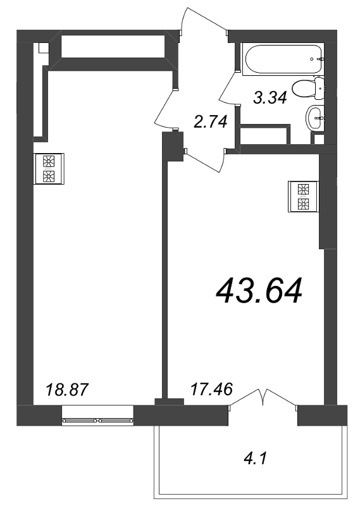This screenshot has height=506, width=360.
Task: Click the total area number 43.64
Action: [x=259, y=291]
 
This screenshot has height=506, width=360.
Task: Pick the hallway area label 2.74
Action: [x=209, y=121]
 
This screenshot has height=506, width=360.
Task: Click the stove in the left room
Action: [x=49, y=168]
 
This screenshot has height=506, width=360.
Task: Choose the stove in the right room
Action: [x=302, y=196]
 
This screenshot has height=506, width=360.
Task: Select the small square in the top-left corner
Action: [x=43, y=48]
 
